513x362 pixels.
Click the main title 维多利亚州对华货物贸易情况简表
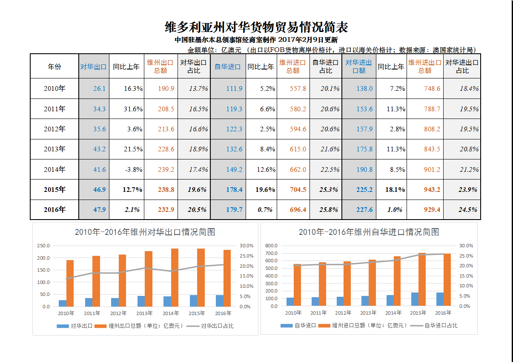(256, 27)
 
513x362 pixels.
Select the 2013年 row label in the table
(54, 149)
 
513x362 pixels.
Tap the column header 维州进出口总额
(424, 67)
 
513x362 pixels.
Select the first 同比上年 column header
(126, 67)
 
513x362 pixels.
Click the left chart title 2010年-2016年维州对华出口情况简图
(145, 232)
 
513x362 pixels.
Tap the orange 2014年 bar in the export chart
(175, 278)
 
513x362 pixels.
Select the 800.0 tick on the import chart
(271, 246)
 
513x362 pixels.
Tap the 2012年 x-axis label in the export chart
(118, 313)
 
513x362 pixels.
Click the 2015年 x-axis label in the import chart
(418, 313)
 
